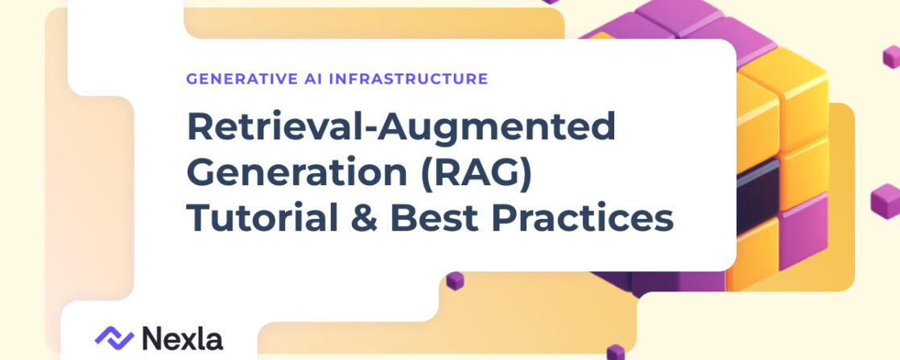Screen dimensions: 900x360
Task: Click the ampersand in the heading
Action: (x=365, y=219)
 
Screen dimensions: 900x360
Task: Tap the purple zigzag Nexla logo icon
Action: (x=114, y=337)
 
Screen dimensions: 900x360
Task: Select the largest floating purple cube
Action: (x=885, y=201)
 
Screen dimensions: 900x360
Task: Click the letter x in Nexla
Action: (x=192, y=341)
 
